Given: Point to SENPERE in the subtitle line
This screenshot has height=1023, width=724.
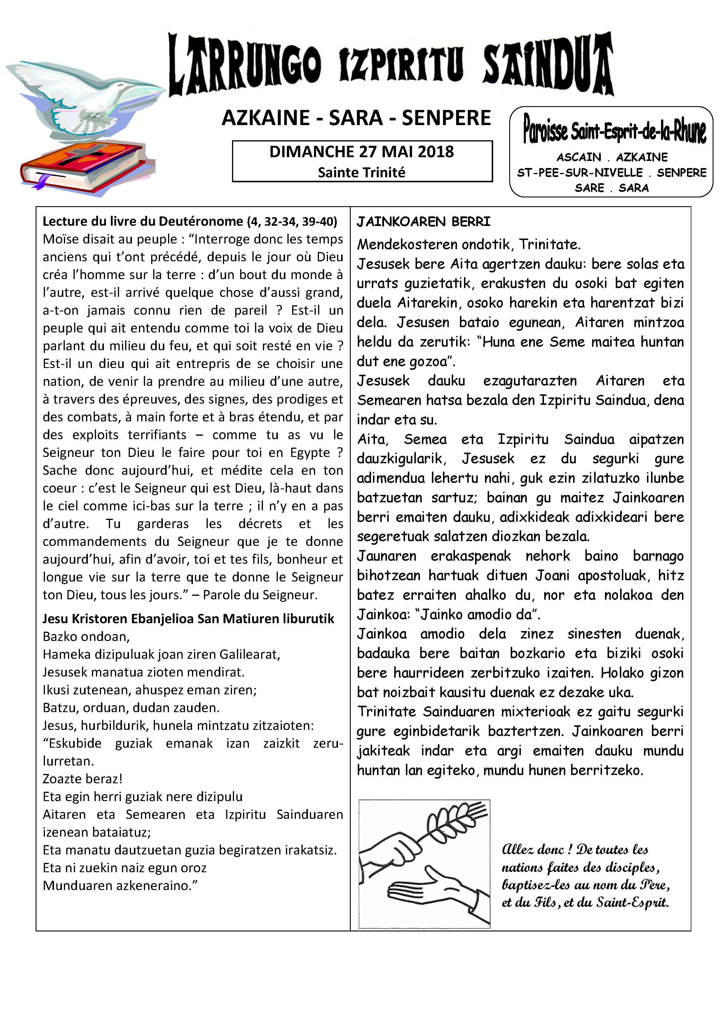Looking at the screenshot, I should point(446,118).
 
